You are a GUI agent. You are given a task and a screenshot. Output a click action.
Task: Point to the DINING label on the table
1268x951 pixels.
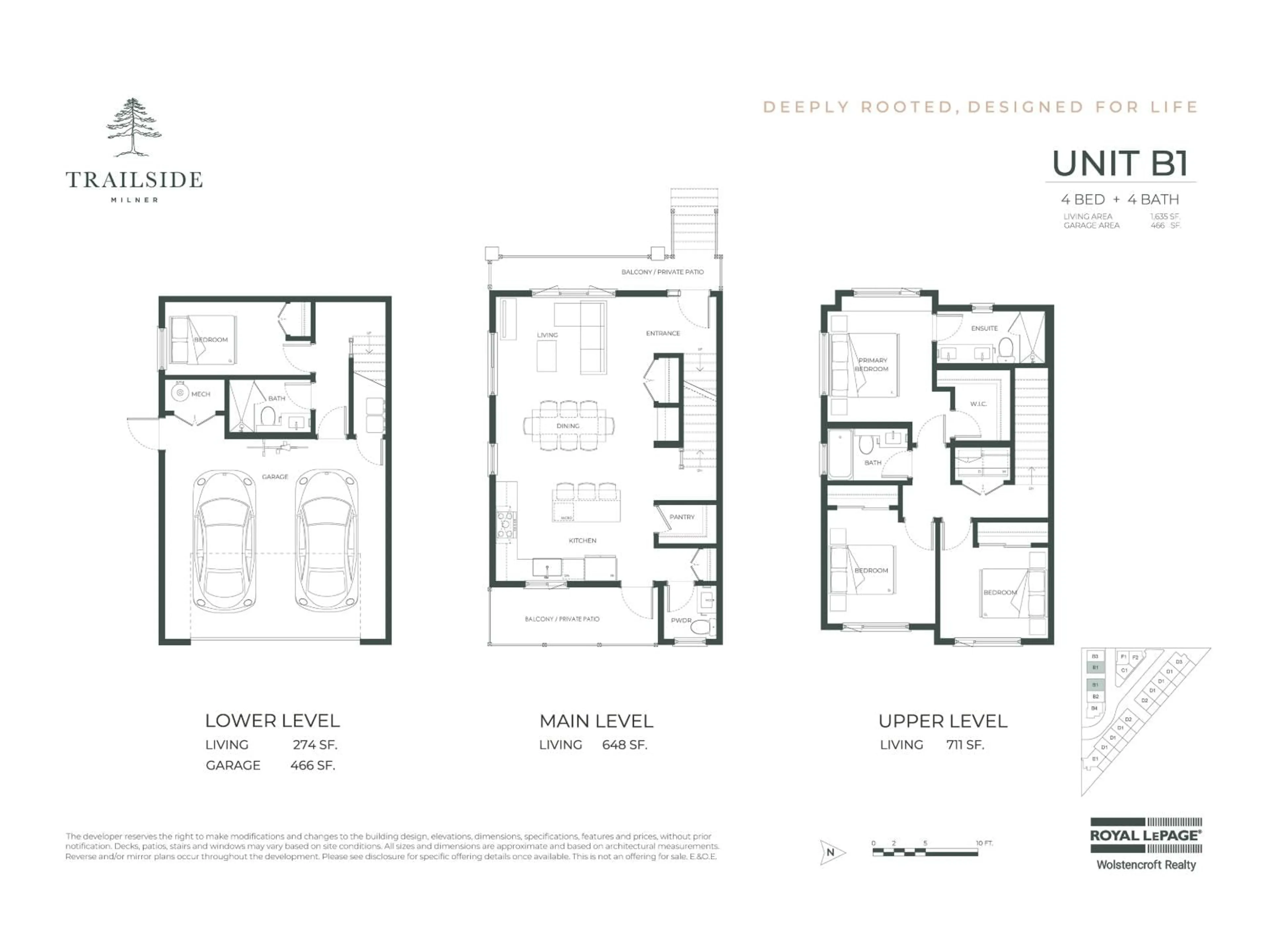568,426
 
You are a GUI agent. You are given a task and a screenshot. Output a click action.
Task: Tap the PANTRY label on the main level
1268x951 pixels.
682,517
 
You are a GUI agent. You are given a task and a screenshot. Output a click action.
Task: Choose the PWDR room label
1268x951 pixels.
681,620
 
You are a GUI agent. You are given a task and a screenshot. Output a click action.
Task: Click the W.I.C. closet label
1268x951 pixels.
978,404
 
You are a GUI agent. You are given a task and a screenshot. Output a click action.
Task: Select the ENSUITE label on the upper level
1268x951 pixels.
984,329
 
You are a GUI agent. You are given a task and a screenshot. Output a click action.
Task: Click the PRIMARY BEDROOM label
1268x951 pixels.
872,365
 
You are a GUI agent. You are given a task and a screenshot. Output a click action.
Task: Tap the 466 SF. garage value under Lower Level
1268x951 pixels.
312,765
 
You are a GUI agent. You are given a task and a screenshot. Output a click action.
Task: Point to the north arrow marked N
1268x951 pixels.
830,852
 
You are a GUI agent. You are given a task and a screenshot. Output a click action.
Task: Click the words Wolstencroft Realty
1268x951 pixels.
1145,865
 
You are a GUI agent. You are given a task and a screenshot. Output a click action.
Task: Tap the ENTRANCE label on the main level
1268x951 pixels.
663,333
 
